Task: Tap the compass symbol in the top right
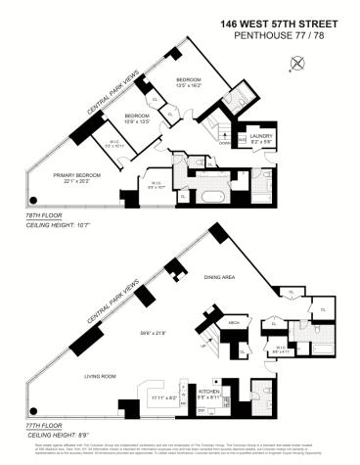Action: pyautogui.click(x=298, y=65)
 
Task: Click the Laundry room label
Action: pyautogui.click(x=259, y=138)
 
